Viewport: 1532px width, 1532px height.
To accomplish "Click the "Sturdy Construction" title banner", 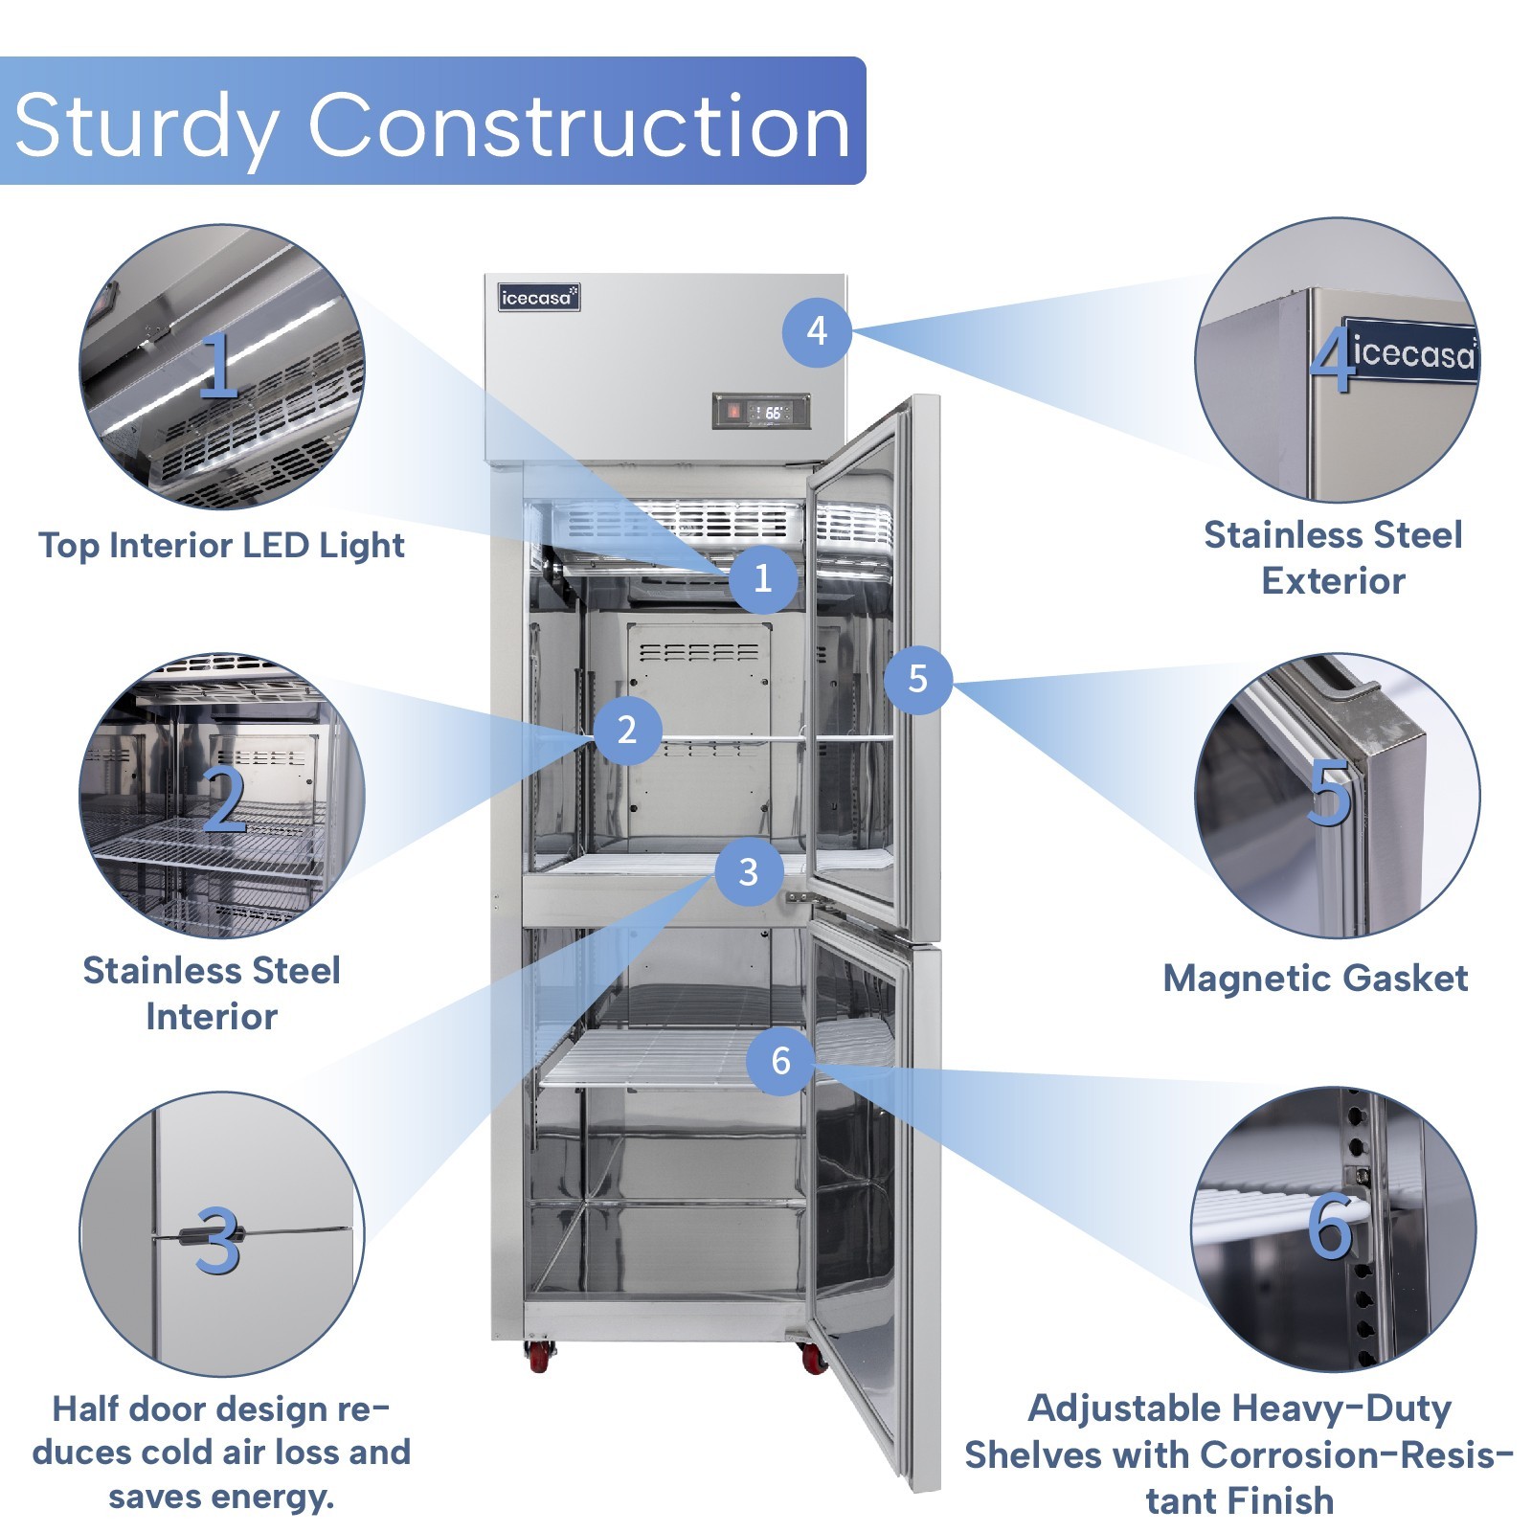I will pos(433,122).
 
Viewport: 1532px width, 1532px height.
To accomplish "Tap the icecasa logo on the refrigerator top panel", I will pos(539,298).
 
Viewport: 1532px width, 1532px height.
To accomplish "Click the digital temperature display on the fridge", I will pos(762,412).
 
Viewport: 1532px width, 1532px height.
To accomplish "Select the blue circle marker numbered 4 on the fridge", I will pos(817,331).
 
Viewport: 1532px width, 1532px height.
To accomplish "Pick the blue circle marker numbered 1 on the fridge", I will pos(763,578).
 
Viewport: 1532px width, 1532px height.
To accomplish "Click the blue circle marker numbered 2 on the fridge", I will pos(627,730).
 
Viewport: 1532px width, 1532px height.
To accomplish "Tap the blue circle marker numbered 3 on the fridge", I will pos(749,871).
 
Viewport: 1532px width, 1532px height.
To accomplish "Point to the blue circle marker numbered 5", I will pos(917,679).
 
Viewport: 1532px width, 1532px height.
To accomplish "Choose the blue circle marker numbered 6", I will pos(781,1060).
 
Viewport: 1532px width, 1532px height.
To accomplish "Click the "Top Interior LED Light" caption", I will pos(221,546).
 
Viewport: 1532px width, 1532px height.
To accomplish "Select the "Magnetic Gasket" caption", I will pos(1316,979).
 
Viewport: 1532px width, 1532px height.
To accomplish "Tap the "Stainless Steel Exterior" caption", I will pos(1333,557).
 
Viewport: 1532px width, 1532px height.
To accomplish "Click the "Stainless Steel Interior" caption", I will pos(212,993).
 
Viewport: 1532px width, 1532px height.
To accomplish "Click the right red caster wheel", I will pos(812,1358).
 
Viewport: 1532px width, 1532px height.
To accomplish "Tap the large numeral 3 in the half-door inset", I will pos(218,1240).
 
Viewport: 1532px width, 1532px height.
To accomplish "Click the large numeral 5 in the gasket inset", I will pos(1329,793).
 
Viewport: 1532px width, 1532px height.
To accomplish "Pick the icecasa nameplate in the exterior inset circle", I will pos(1412,352).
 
